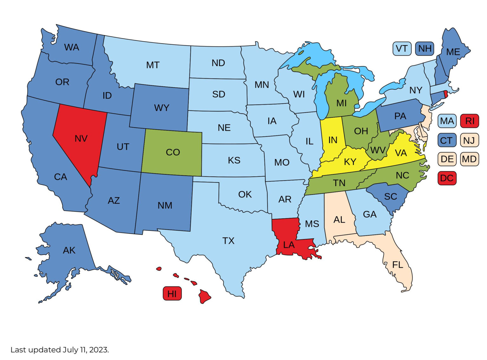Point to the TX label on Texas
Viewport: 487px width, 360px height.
pos(228,241)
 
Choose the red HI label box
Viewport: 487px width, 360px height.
pos(172,294)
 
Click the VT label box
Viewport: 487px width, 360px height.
pos(402,49)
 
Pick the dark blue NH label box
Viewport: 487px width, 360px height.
pos(425,49)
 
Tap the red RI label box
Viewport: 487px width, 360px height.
pos(470,121)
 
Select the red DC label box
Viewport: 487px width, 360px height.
pos(447,178)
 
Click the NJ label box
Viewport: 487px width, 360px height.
pos(470,140)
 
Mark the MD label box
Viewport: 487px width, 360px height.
pos(470,159)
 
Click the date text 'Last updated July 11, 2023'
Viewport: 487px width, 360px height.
pos(60,350)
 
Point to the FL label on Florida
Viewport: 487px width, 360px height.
pos(398,265)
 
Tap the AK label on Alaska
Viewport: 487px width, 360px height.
pos(69,250)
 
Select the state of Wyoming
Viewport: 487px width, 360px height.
pos(161,108)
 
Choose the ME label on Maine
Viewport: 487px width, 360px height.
pos(453,52)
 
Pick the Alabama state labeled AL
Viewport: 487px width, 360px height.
pos(339,219)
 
